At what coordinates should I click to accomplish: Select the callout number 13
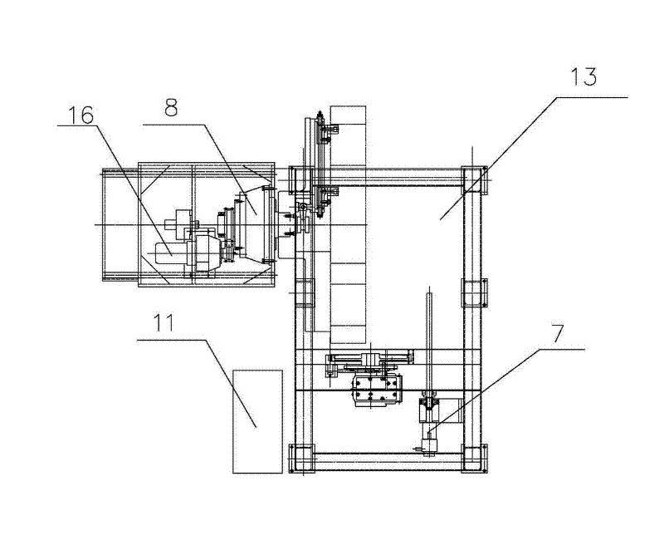584,78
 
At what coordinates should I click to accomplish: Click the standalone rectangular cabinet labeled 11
257,421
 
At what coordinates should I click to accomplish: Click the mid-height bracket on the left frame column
302,292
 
